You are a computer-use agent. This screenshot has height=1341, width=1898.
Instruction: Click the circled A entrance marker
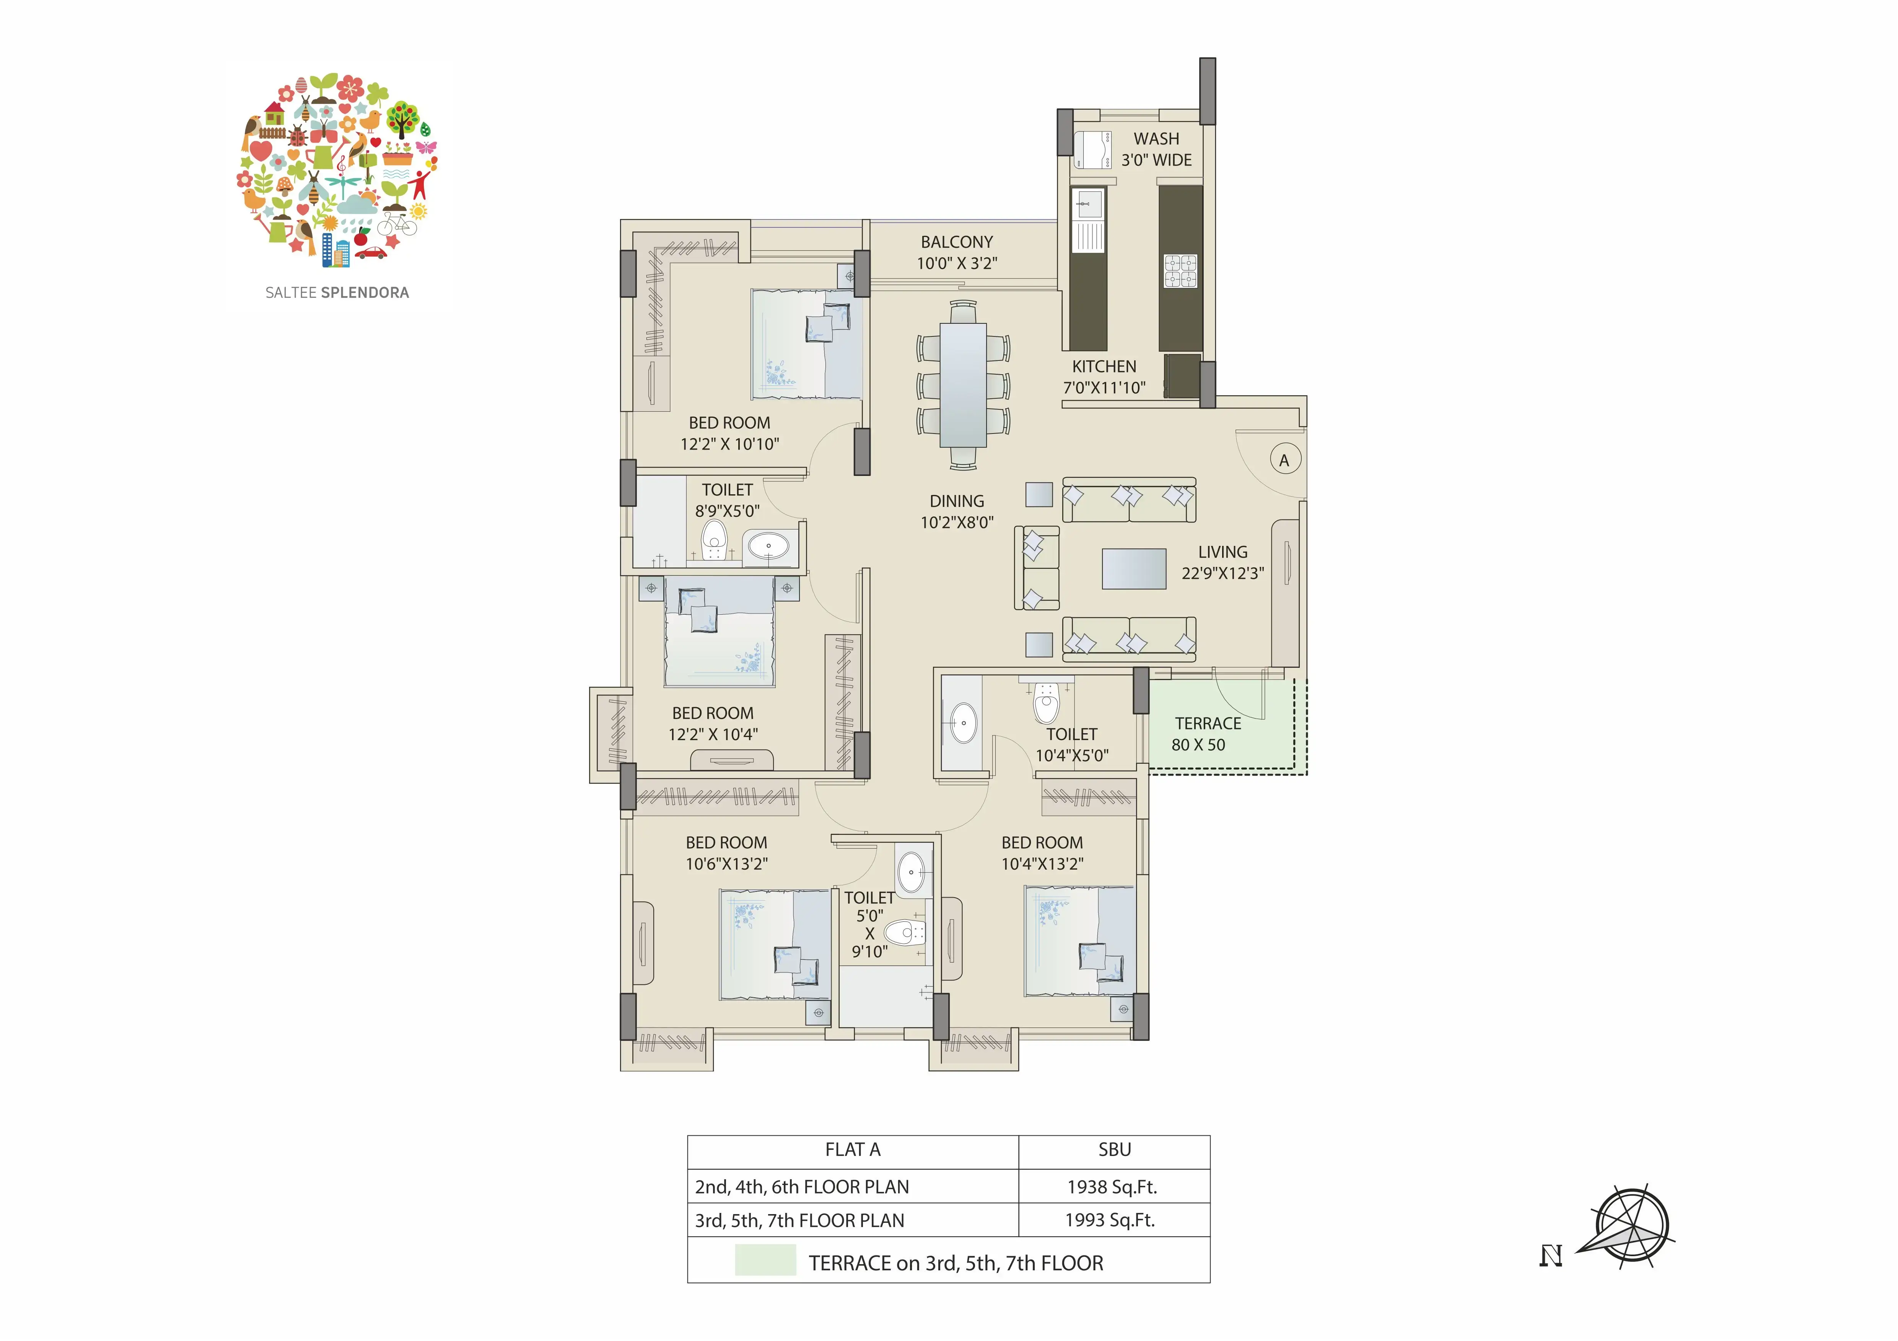[x=1284, y=460]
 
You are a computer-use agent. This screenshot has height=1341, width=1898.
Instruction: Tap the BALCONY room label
[x=956, y=242]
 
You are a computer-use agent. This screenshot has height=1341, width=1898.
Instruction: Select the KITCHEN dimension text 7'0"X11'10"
[x=1104, y=388]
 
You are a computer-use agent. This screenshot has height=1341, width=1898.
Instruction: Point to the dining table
[x=963, y=385]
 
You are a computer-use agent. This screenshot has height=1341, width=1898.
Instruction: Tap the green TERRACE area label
[x=1208, y=724]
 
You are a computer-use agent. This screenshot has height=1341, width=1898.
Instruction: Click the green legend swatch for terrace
[x=765, y=1260]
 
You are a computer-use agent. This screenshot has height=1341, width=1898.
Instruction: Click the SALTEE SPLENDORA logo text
[x=337, y=292]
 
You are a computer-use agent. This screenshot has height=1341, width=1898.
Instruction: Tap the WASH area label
[x=1156, y=139]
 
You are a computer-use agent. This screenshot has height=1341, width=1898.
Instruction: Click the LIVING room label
[x=1222, y=552]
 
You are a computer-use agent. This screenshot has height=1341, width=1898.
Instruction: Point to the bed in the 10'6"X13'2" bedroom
[x=775, y=945]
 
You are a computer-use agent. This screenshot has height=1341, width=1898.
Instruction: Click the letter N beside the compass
[x=1551, y=1256]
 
